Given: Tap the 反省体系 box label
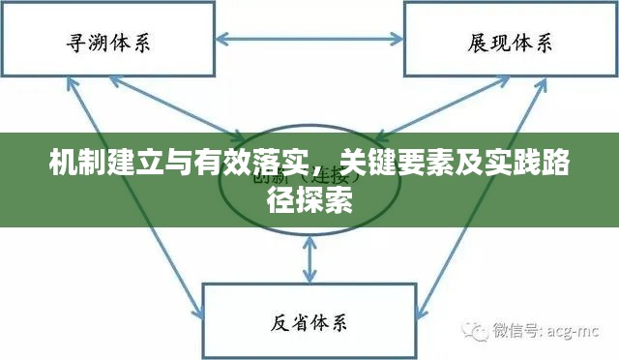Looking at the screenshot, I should pyautogui.click(x=309, y=321).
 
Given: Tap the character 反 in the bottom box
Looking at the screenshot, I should pyautogui.click(x=278, y=321).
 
